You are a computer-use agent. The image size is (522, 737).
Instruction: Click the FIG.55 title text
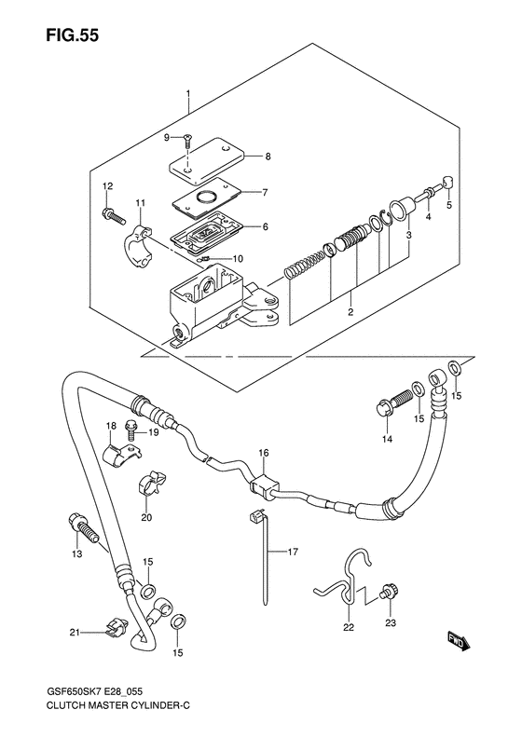(72, 35)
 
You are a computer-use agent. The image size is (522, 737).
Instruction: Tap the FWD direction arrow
(456, 641)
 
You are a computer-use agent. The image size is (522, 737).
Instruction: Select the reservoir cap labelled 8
(207, 160)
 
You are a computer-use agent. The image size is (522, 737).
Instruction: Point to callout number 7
(266, 192)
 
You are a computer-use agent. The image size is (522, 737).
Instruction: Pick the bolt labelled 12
(112, 216)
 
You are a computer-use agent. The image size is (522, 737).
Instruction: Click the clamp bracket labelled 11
(138, 239)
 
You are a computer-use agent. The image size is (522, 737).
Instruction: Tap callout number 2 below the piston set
(350, 311)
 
